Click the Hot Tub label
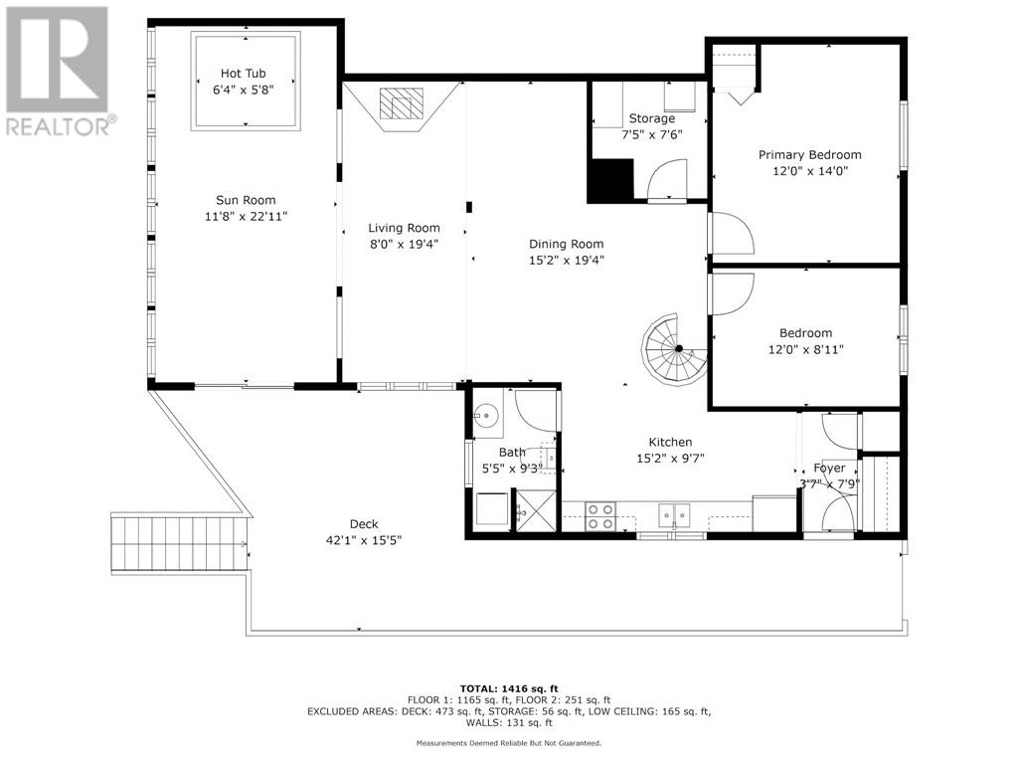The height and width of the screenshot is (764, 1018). point(243,74)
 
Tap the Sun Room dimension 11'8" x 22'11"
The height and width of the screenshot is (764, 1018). point(246,216)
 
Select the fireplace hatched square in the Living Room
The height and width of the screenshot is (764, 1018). point(402,103)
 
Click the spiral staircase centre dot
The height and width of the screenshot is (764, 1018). point(678,349)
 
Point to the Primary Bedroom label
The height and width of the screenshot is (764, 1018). point(809,154)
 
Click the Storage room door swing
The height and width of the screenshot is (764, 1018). point(668,180)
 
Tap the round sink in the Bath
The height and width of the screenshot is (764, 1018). point(485,415)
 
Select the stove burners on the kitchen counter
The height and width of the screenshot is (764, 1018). point(600,516)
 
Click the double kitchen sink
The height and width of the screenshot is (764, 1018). point(675,515)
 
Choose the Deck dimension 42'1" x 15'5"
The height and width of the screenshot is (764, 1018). point(364,540)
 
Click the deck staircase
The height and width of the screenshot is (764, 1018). point(181,542)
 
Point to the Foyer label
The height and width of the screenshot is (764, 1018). point(829,468)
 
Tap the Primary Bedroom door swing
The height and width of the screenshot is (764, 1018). point(733,233)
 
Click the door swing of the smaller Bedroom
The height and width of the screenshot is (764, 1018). point(733,294)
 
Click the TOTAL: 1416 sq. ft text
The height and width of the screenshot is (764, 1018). point(509,688)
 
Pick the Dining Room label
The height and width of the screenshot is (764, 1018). point(566,245)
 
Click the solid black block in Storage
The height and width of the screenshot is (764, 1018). point(610,181)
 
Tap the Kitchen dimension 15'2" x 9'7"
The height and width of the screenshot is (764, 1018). point(670,459)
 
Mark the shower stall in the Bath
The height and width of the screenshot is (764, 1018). point(537,510)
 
